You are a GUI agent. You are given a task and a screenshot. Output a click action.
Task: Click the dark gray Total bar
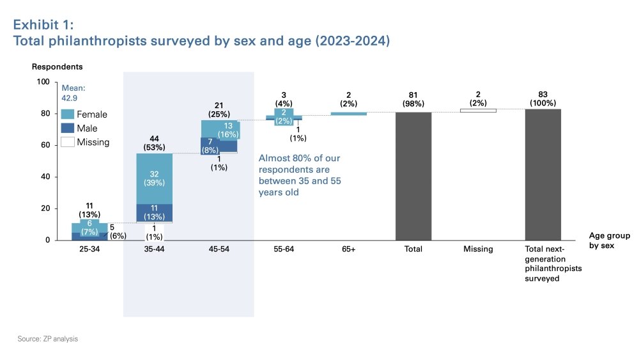pos(413,176)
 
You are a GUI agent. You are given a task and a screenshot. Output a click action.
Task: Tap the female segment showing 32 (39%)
pos(155,178)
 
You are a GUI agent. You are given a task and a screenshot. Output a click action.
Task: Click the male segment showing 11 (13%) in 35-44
pos(155,213)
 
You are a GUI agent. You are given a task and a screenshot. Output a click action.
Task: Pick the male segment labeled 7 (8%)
pos(210,145)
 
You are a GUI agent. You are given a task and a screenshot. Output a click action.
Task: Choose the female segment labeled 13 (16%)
pos(229,130)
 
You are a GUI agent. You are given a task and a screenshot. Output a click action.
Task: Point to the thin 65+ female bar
pos(349,114)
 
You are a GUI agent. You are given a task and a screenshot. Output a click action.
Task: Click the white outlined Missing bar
pos(478,110)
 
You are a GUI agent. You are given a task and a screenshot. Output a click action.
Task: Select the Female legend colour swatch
pos(67,114)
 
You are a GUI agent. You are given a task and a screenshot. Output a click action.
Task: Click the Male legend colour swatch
pos(67,129)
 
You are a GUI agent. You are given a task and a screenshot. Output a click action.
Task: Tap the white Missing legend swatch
pos(67,143)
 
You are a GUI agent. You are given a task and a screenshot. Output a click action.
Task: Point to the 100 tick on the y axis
pos(43,82)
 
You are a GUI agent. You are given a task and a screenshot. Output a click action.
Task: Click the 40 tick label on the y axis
pos(45,176)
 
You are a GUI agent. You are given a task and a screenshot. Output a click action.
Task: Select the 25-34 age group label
pos(89,249)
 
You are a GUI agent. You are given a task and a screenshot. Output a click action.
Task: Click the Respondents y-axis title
pos(57,67)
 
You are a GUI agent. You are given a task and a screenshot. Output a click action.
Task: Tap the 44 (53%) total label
pos(154,143)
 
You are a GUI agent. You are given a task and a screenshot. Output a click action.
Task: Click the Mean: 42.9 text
pos(73,94)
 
